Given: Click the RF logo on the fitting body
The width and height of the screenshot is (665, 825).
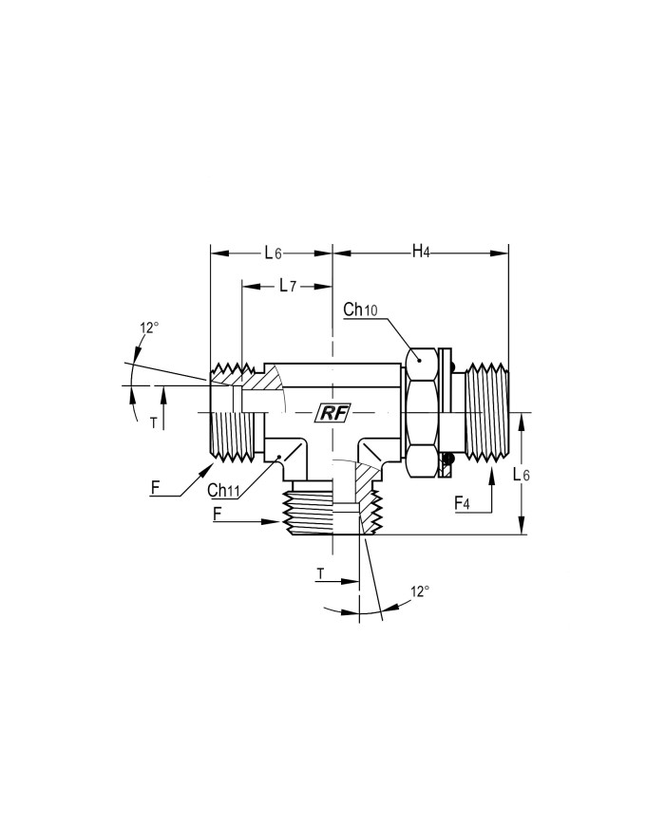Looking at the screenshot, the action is (333, 414).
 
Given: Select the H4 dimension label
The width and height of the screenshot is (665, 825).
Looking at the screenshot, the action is (421, 252).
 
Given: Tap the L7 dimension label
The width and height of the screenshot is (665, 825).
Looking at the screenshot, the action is (288, 286).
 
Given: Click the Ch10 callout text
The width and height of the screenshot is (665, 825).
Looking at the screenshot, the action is (360, 309).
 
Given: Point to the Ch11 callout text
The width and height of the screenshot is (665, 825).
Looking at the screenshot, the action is (223, 490).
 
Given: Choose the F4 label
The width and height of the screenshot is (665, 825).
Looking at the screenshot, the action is (462, 503).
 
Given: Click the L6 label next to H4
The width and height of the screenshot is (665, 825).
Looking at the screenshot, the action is (273, 253).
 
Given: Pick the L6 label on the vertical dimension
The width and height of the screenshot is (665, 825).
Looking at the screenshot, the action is (522, 475).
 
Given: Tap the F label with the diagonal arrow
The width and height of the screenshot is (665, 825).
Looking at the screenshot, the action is (155, 488).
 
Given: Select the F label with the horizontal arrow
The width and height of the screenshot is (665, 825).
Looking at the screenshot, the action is (217, 514).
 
